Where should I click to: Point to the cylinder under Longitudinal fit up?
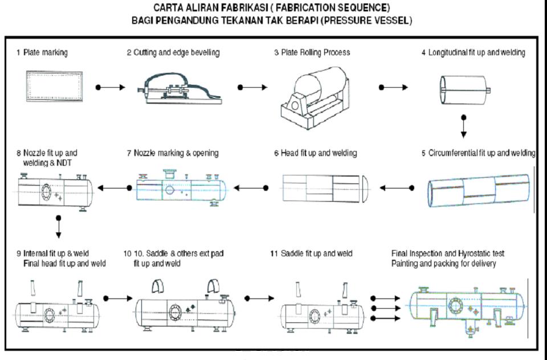tap(464, 90)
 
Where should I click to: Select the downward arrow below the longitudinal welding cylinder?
tap(463, 127)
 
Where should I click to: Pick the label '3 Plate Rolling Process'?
tap(312, 52)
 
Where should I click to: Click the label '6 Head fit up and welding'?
tap(315, 153)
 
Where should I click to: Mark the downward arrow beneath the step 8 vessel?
tap(59, 226)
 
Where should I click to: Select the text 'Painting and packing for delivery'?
tap(446, 264)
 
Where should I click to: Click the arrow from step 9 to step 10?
tap(115, 298)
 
